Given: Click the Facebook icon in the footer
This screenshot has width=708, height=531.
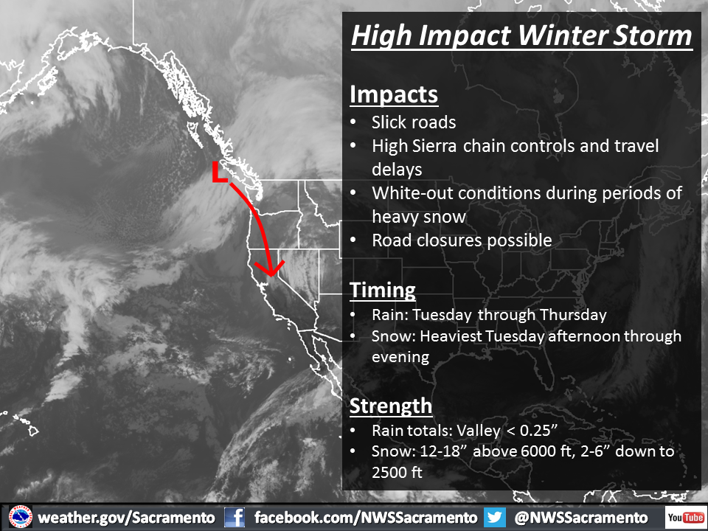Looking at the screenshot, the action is tap(235, 518).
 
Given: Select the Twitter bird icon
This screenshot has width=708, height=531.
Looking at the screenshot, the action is tap(495, 518).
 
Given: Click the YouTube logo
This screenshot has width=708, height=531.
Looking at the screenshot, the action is tap(686, 518).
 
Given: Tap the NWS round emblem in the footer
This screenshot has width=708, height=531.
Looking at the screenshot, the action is tap(21, 518).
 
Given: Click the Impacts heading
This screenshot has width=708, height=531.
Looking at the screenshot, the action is tap(394, 95).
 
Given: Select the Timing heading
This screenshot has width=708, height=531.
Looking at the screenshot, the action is tap(383, 291).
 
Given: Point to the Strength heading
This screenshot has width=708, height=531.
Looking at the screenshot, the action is tap(391, 406).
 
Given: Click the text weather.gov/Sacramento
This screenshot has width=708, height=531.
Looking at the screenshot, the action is tap(126, 518).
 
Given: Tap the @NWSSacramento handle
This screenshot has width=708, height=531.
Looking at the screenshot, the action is tap(580, 518).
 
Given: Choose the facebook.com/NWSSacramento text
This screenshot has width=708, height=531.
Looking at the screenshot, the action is tap(366, 518).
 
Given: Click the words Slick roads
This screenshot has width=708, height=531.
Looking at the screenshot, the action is tap(414, 122).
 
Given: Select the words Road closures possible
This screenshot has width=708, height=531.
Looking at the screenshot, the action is tap(462, 240).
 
